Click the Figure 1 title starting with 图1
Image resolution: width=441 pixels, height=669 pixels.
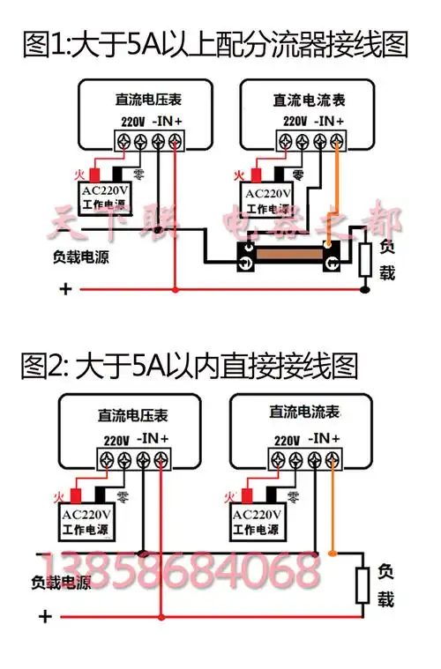[215, 43]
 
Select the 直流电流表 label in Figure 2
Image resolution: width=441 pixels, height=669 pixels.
[304, 413]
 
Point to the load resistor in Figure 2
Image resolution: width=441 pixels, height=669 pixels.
[361, 586]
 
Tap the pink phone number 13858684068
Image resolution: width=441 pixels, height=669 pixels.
[180, 572]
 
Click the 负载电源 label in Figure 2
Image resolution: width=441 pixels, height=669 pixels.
[61, 583]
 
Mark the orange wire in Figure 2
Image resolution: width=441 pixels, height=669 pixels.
[333, 511]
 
